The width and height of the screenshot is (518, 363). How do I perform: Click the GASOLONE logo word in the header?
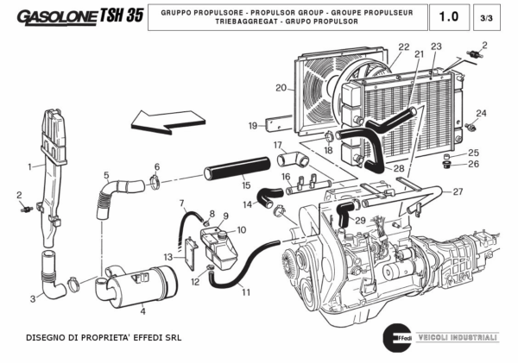(x=56, y=16)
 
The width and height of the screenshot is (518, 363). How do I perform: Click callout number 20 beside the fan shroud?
(x=281, y=87)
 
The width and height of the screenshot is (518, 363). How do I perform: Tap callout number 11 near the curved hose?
(x=246, y=292)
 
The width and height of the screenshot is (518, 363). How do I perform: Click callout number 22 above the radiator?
(x=404, y=47)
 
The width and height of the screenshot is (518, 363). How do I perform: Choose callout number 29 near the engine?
(x=360, y=221)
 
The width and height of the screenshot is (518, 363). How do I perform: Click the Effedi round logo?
(x=395, y=336)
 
